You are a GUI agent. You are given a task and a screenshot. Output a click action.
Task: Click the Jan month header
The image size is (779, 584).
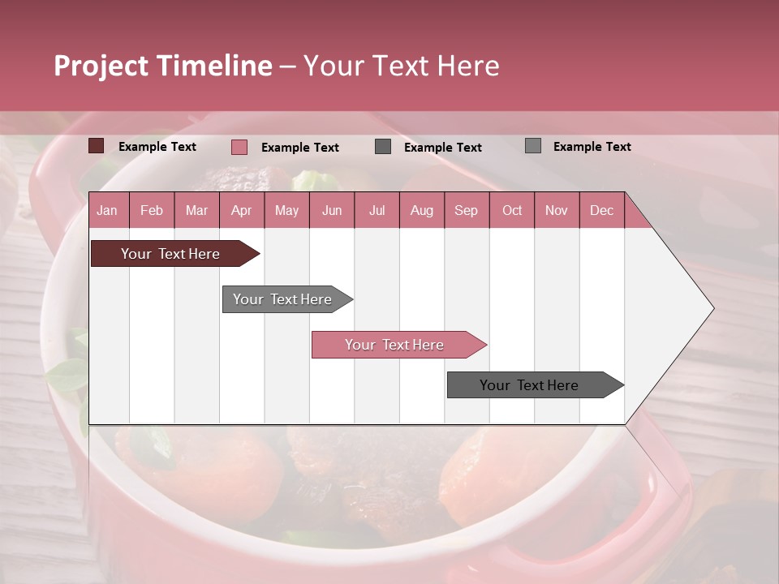coord(108,210)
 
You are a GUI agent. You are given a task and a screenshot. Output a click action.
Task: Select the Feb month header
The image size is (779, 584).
coord(152,210)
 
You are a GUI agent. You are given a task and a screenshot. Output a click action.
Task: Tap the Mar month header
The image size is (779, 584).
coord(196,210)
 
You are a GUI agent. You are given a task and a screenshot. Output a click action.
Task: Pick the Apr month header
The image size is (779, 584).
coord(242,210)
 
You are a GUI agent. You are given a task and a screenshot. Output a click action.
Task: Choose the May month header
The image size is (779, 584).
coord(286,210)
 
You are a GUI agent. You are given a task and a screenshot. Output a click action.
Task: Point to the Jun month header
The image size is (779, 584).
coord(332,210)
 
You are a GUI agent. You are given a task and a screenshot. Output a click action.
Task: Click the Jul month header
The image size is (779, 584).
coord(377,210)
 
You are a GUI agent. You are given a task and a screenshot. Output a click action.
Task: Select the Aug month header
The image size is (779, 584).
coord(422,210)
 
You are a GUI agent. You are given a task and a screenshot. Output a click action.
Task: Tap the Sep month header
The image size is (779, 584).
coord(467,210)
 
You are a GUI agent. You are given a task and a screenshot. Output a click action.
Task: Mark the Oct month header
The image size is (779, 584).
coord(512,210)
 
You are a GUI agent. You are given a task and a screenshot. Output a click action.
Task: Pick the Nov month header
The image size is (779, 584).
coord(557,210)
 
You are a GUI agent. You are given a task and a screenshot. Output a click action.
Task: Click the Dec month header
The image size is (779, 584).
coord(602,210)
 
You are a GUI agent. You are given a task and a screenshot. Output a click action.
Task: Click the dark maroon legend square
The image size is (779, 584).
coord(97,146)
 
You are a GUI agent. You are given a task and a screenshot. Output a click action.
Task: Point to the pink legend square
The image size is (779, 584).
coord(239,147)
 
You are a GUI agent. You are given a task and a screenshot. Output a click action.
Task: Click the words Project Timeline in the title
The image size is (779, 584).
coord(163,66)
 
